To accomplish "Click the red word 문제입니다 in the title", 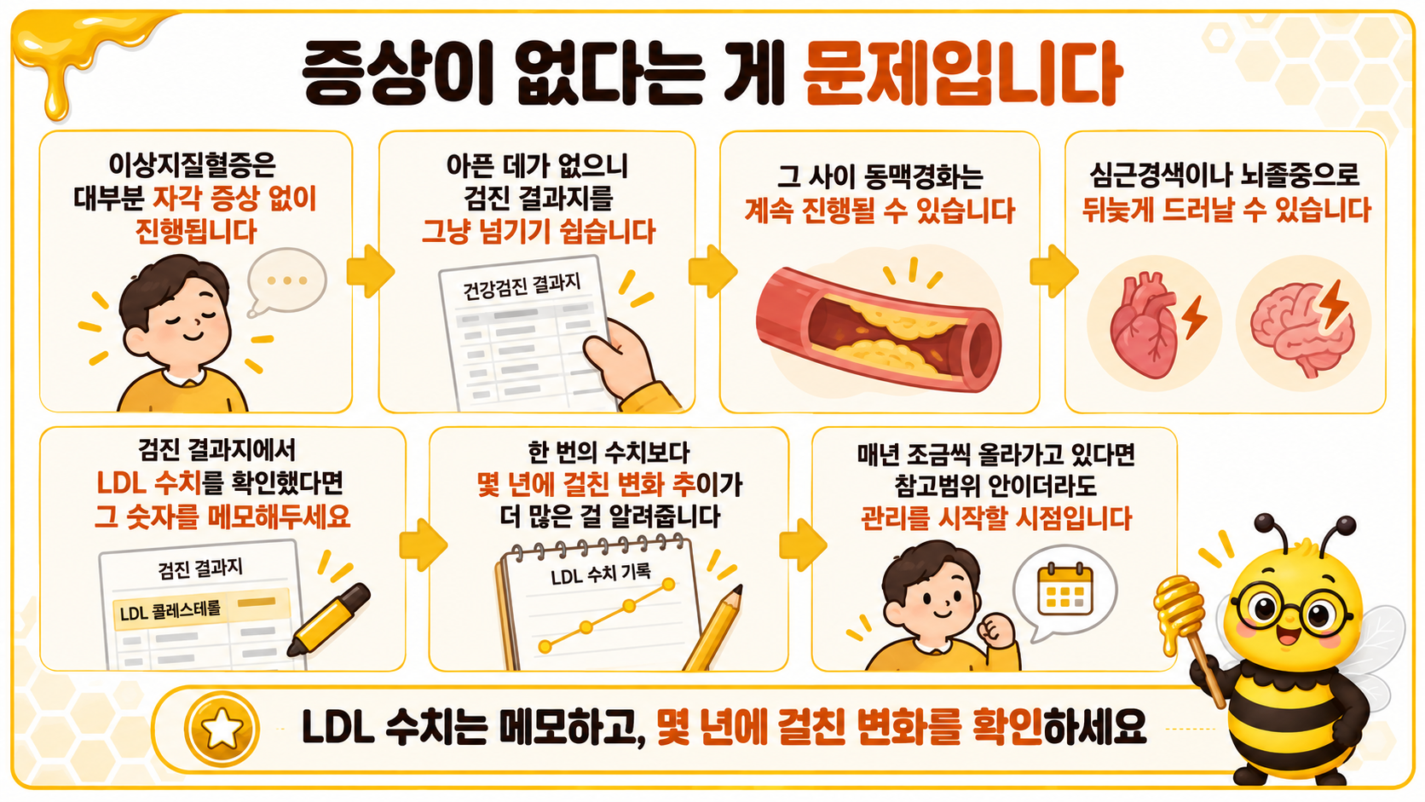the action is click(x=962, y=74).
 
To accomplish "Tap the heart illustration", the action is click(x=1144, y=325).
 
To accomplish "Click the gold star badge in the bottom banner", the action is click(x=222, y=729).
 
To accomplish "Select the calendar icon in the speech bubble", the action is click(x=1064, y=590).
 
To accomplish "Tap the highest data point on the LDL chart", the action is click(x=668, y=584).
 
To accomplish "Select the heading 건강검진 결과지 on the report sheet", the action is click(x=522, y=286).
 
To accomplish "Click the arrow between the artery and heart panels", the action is click(x=1053, y=272).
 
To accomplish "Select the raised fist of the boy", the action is click(x=995, y=630).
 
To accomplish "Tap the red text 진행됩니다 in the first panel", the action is click(x=196, y=232).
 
